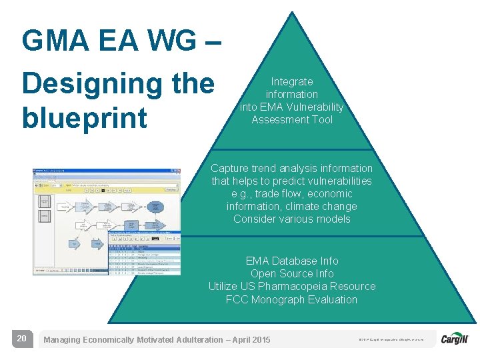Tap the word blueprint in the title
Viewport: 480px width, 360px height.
[x=84, y=118]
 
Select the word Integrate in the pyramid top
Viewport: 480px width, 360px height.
[x=291, y=82]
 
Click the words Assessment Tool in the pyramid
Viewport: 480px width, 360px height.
[x=291, y=120]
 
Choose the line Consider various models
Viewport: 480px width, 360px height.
[x=291, y=219]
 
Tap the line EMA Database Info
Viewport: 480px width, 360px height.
[x=291, y=261]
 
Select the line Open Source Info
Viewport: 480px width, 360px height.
[x=291, y=274]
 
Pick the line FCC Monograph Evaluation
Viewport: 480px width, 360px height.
[x=291, y=300]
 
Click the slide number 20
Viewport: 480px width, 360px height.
[x=21, y=339]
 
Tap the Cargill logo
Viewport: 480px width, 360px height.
[x=455, y=339]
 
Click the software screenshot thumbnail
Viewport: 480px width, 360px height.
[x=107, y=221]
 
